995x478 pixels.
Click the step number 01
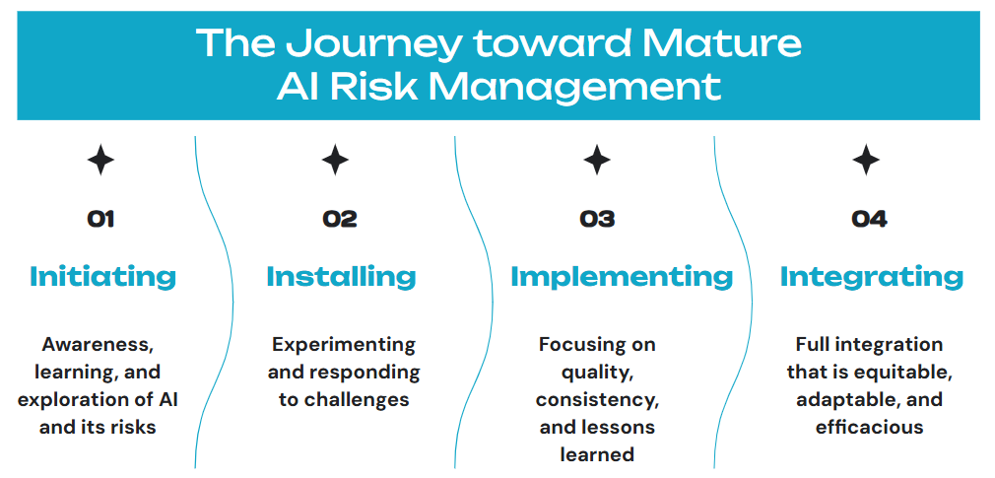pos(100,220)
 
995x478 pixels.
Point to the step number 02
pos(340,220)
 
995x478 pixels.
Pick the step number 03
pos(597,220)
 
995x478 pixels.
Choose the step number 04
pos(869,220)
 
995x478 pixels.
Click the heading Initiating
pos(102,277)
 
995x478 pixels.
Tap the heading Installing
pos(342,277)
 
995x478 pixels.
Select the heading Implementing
pos(622,277)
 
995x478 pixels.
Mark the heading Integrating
pos(872,277)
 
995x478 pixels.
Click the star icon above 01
pos(100,160)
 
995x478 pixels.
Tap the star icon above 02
pos(335,160)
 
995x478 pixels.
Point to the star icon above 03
pos(596,160)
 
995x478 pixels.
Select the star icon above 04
pos(866,160)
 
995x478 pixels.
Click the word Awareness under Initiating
pos(98,346)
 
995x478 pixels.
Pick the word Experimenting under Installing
pos(344,346)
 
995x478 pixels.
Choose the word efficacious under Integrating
pos(869,427)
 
